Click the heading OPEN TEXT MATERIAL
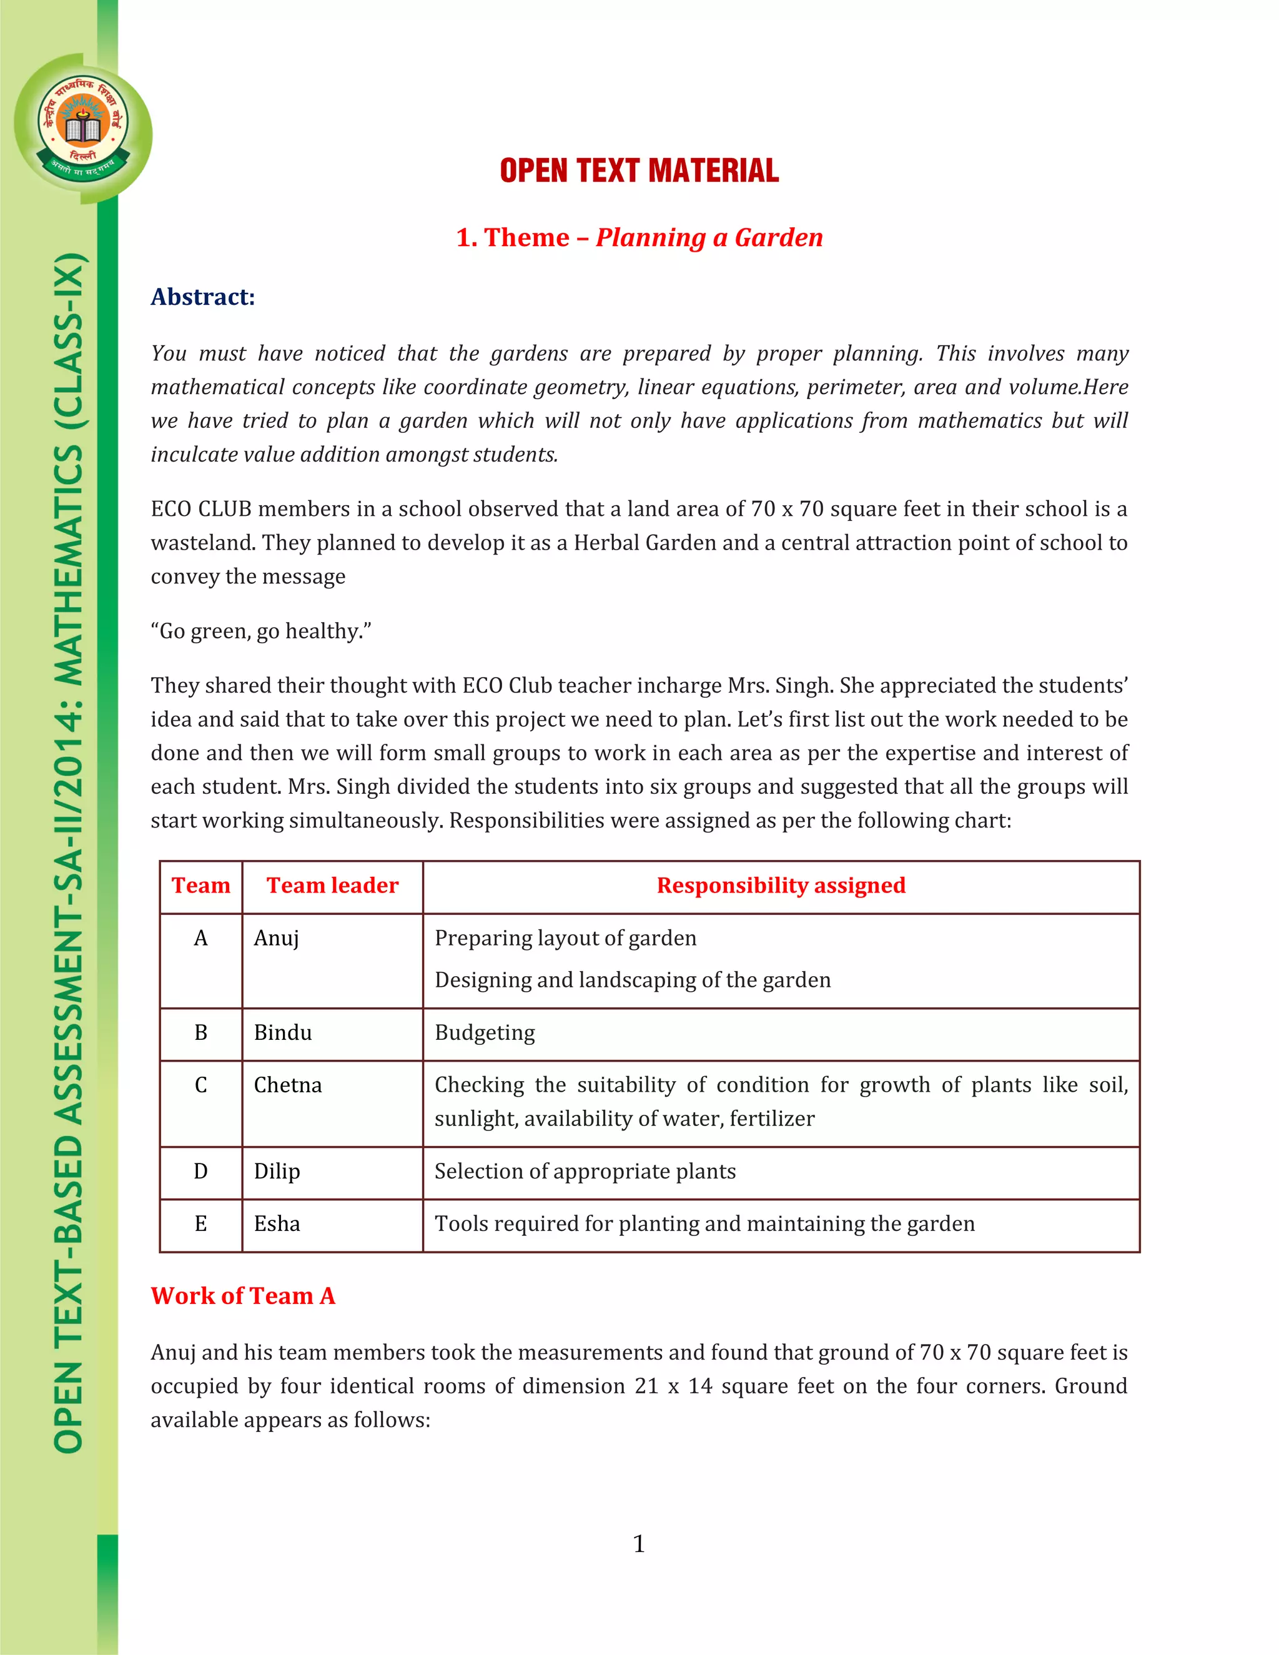click(x=639, y=170)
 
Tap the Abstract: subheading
click(x=202, y=297)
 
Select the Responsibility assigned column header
click(x=781, y=885)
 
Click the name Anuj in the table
click(x=276, y=938)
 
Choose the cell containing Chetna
click(x=287, y=1085)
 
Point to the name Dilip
click(x=277, y=1172)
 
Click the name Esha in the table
click(x=277, y=1224)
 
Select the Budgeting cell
click(x=484, y=1033)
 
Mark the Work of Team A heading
click(x=242, y=1296)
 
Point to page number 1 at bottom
click(x=639, y=1544)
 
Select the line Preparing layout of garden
click(x=565, y=938)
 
